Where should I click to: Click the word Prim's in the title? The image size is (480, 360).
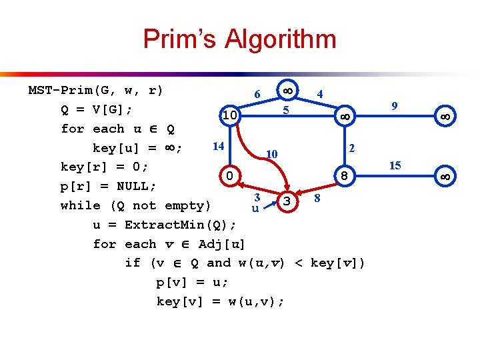[179, 39]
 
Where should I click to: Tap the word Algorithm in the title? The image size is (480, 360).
[280, 39]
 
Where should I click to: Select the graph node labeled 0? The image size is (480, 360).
[229, 176]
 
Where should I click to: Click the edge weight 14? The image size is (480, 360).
[218, 146]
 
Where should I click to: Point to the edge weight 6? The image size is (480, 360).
[257, 95]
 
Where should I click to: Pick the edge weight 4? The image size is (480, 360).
[321, 95]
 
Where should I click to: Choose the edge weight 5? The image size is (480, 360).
[285, 109]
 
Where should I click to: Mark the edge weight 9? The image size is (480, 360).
[395, 105]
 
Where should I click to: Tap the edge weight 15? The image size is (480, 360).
[395, 165]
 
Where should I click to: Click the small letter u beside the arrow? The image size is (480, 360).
[255, 209]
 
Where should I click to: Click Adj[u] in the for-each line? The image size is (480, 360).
[222, 244]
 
